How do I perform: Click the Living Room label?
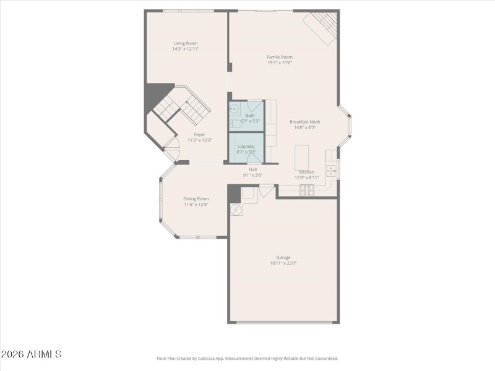click(x=186, y=43)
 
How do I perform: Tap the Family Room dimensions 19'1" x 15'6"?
click(x=280, y=62)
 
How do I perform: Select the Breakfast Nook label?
click(x=305, y=122)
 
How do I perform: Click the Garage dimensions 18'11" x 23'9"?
click(x=283, y=263)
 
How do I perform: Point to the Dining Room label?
click(x=196, y=198)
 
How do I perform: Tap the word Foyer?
click(x=199, y=134)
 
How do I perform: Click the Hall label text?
click(x=252, y=169)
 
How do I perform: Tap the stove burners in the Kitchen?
click(x=306, y=190)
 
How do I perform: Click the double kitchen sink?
click(x=332, y=166)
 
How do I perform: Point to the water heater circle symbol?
click(x=235, y=210)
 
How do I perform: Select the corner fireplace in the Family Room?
click(x=321, y=28)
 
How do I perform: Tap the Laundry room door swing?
click(x=254, y=159)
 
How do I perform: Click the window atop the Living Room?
click(x=188, y=11)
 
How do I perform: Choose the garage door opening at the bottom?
click(x=284, y=322)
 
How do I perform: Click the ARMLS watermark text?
click(x=31, y=354)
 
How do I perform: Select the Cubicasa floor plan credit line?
click(x=247, y=358)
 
